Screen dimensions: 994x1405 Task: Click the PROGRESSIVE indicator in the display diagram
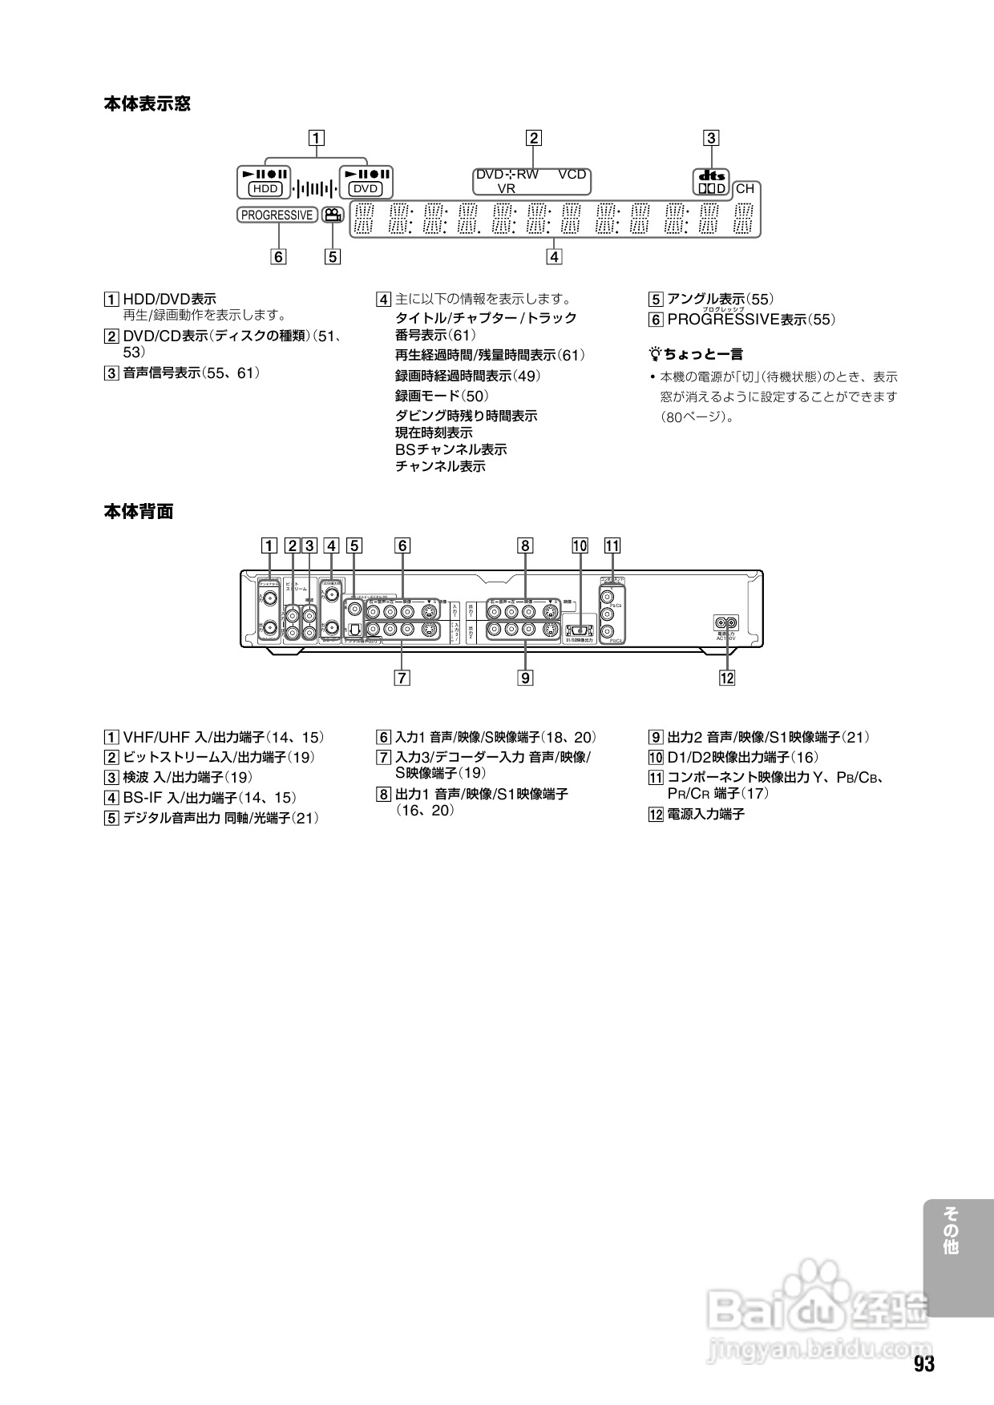click(x=277, y=215)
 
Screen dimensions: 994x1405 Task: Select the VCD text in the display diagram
click(x=572, y=174)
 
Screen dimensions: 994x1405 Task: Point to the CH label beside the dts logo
click(x=745, y=189)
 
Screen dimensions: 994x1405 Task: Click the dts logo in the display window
click(x=711, y=175)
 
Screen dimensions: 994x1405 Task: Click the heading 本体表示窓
click(x=147, y=103)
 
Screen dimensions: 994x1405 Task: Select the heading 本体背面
click(x=138, y=511)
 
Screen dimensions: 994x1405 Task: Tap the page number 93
click(x=924, y=1364)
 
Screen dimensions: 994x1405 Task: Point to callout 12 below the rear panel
click(x=727, y=678)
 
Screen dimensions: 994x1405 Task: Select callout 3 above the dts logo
click(x=711, y=137)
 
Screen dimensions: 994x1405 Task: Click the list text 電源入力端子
click(x=705, y=814)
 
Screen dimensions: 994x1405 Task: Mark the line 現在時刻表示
click(x=434, y=433)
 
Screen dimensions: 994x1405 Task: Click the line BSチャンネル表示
click(x=451, y=449)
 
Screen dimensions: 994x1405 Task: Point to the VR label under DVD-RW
click(x=507, y=189)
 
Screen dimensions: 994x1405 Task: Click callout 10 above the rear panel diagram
click(x=580, y=546)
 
